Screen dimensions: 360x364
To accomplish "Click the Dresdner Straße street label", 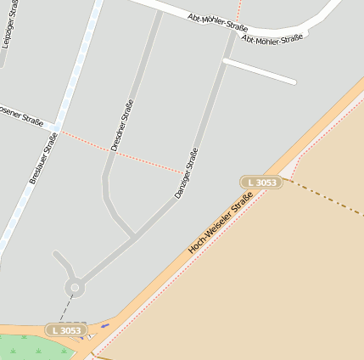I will pos(122,126).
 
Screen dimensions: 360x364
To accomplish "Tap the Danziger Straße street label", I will pos(187,173).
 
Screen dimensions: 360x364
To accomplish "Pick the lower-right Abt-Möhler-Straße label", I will pos(272,38).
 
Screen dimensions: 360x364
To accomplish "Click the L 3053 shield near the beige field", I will pos(260,183).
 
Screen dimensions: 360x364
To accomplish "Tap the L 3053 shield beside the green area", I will pos(66,330).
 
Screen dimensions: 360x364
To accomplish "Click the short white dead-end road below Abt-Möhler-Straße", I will pos(260,71).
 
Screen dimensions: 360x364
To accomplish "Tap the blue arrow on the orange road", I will pos(105,324).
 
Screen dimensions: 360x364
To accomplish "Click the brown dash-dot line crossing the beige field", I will pos(332,197).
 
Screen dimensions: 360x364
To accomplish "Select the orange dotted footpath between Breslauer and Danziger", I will pos(119,152).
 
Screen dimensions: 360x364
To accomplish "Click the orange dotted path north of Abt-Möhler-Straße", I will pos(239,9).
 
